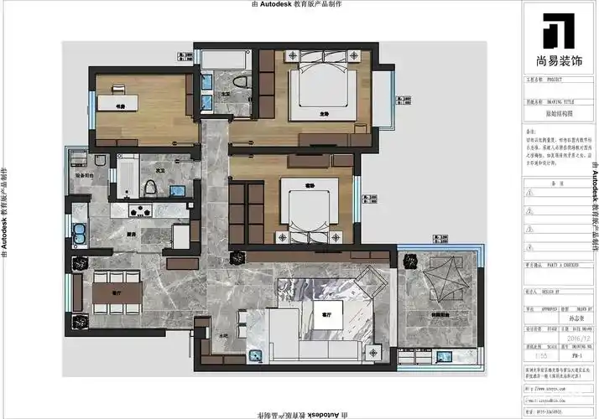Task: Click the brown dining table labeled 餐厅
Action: pos(117,292)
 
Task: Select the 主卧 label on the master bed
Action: pos(323,112)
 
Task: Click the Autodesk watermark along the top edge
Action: pos(299,4)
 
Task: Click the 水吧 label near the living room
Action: pos(224,334)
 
